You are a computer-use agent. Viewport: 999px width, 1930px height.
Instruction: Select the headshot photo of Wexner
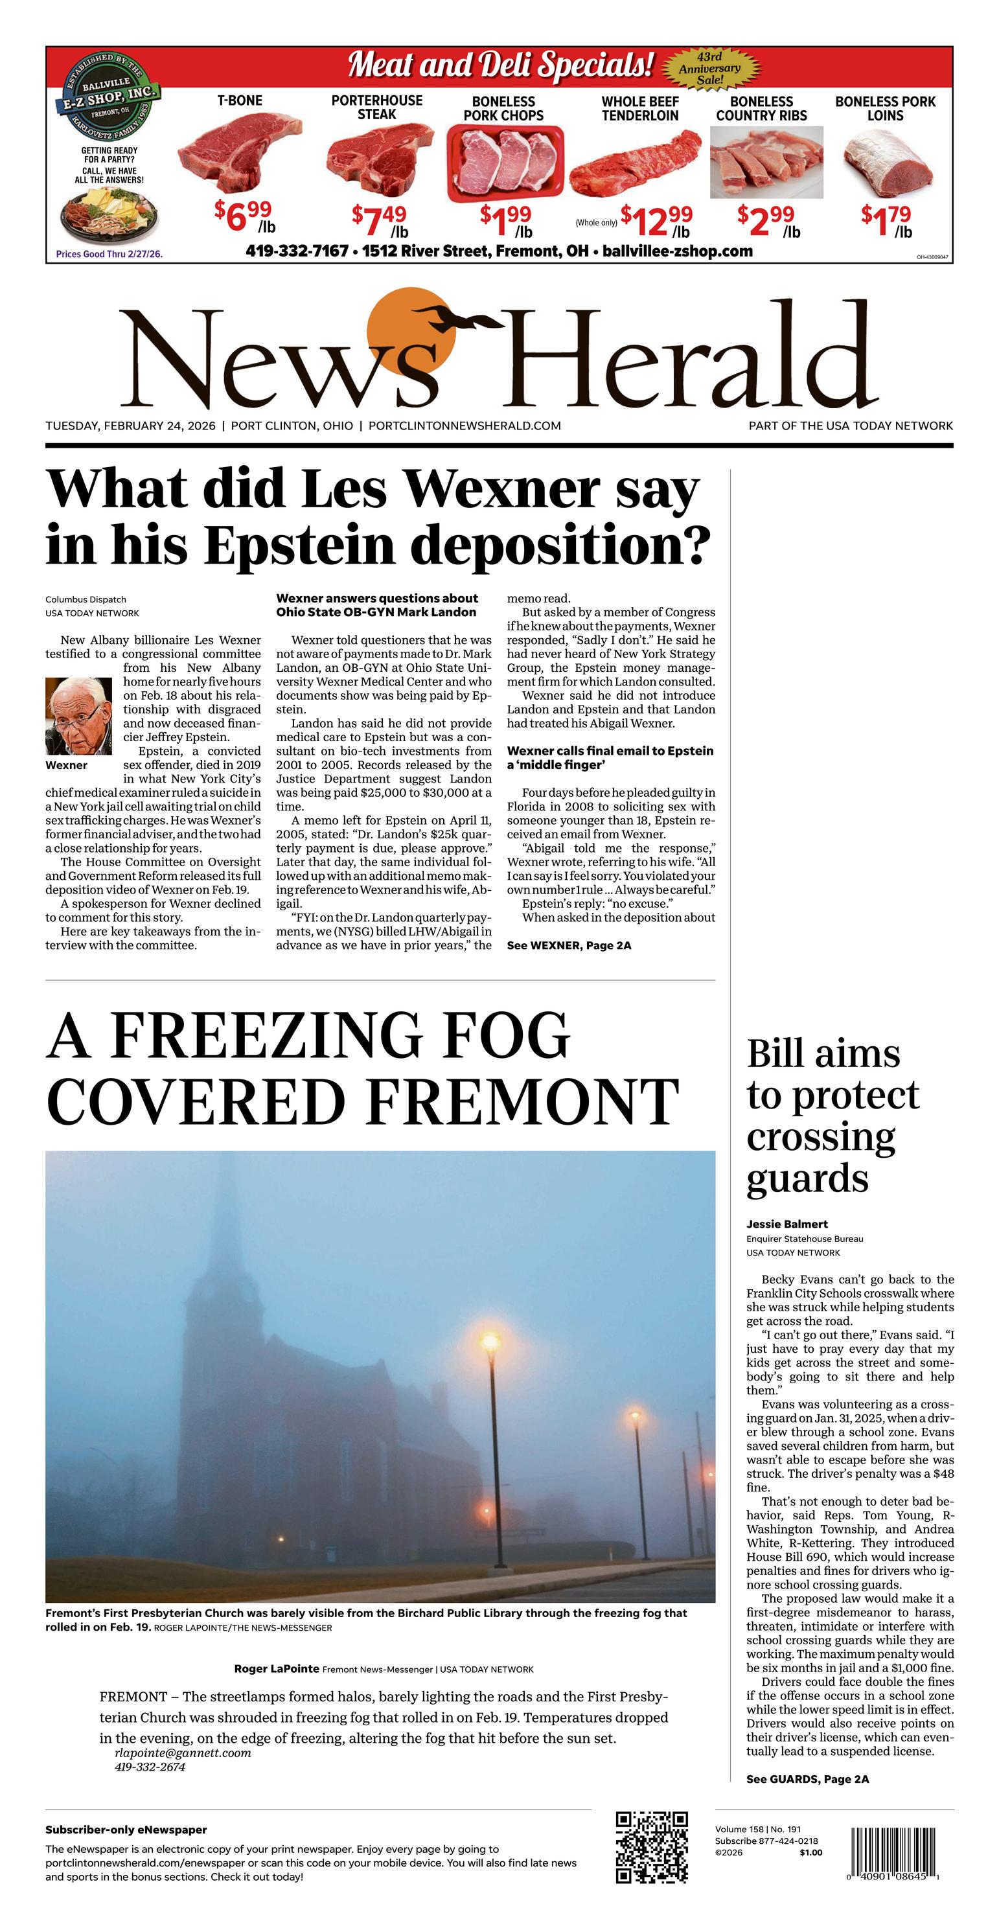click(78, 717)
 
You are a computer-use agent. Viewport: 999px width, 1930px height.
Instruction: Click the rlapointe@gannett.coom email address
click(183, 1752)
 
